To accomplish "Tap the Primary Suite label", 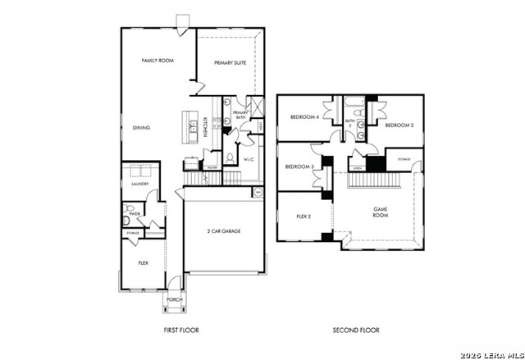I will pyautogui.click(x=231, y=63).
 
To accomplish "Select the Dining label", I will pyautogui.click(x=141, y=127).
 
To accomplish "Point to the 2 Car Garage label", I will pyautogui.click(x=223, y=232).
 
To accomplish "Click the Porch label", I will pyautogui.click(x=174, y=300).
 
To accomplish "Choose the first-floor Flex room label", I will pyautogui.click(x=143, y=263).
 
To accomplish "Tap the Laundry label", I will pyautogui.click(x=139, y=185).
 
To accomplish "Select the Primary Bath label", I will pyautogui.click(x=240, y=115).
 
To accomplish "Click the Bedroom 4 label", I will pyautogui.click(x=304, y=117).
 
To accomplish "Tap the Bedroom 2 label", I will pyautogui.click(x=399, y=125).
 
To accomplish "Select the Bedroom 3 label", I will pyautogui.click(x=299, y=166).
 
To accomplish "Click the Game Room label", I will pyautogui.click(x=381, y=212).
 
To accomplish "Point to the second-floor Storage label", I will pyautogui.click(x=404, y=158).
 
